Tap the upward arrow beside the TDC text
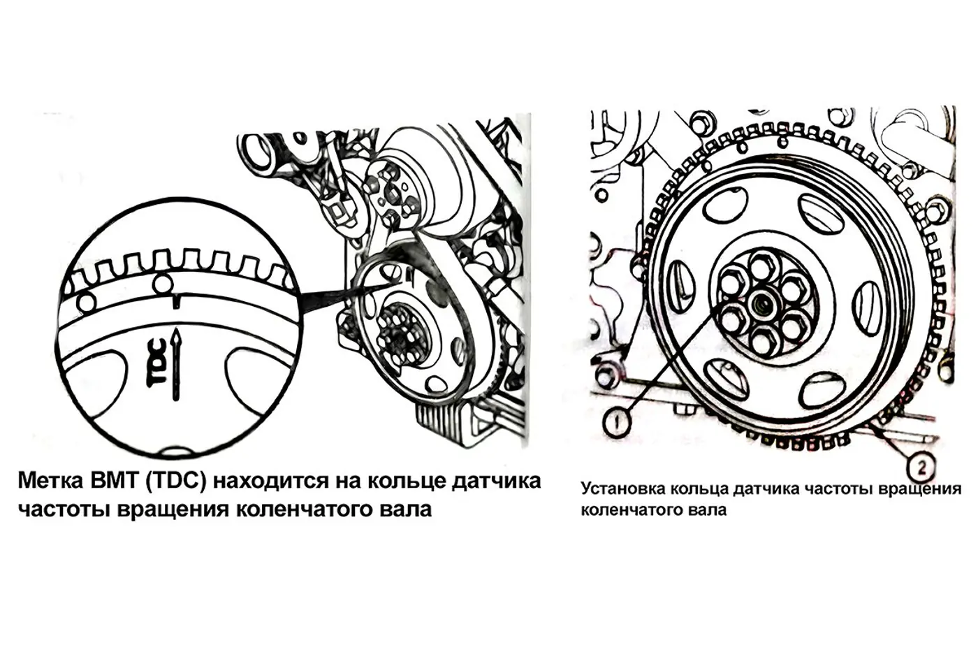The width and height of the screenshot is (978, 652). pos(176,364)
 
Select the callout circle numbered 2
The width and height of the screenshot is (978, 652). pos(921,469)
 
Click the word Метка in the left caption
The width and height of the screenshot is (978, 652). pos(50,481)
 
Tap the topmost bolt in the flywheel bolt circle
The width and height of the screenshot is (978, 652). pos(763,264)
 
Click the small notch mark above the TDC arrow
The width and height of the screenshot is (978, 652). pos(176,301)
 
